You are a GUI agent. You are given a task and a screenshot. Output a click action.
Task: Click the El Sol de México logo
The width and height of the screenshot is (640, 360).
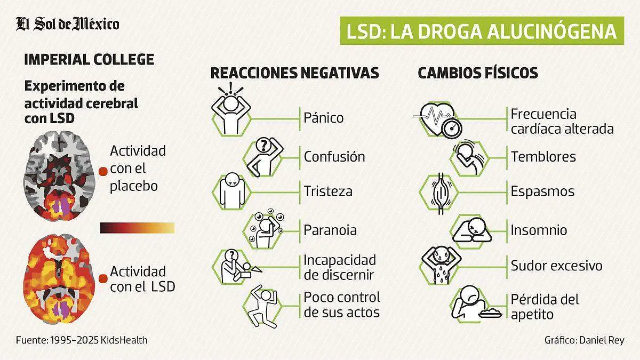pyautogui.click(x=67, y=24)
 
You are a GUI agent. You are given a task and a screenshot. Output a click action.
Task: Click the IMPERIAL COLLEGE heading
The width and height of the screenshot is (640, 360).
pyautogui.click(x=89, y=59)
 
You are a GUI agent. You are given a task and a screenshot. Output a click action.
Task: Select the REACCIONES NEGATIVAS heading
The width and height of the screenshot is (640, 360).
pyautogui.click(x=295, y=73)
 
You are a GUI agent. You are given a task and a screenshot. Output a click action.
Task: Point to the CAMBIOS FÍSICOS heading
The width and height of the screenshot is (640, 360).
pyautogui.click(x=477, y=73)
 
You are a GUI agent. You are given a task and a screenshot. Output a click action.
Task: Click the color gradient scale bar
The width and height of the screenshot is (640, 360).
pyautogui.click(x=137, y=228)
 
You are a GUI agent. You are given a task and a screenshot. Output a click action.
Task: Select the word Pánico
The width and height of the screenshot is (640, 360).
pyautogui.click(x=324, y=117)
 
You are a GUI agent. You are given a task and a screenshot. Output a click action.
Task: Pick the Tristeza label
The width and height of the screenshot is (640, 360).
pyautogui.click(x=328, y=191)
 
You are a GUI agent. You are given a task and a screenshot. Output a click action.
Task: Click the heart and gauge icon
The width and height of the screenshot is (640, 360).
pyautogui.click(x=438, y=119)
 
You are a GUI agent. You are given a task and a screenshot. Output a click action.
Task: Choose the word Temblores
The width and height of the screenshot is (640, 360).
pyautogui.click(x=543, y=157)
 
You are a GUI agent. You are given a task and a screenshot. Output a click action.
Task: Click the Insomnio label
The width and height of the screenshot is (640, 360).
pyautogui.click(x=539, y=230)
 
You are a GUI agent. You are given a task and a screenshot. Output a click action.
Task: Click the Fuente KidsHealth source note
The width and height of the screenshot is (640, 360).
pyautogui.click(x=81, y=340)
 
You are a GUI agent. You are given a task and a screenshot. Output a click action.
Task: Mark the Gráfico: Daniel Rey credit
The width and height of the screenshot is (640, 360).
pyautogui.click(x=584, y=340)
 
